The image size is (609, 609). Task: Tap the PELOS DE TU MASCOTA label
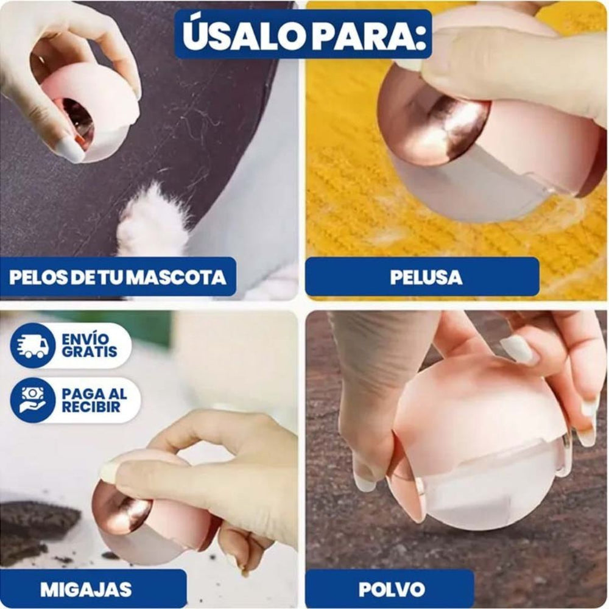pos(118,277)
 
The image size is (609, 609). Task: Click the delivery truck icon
pos(33,345)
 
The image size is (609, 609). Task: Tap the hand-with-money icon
pos(33,400)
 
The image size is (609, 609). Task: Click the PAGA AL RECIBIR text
pos(94,400)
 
